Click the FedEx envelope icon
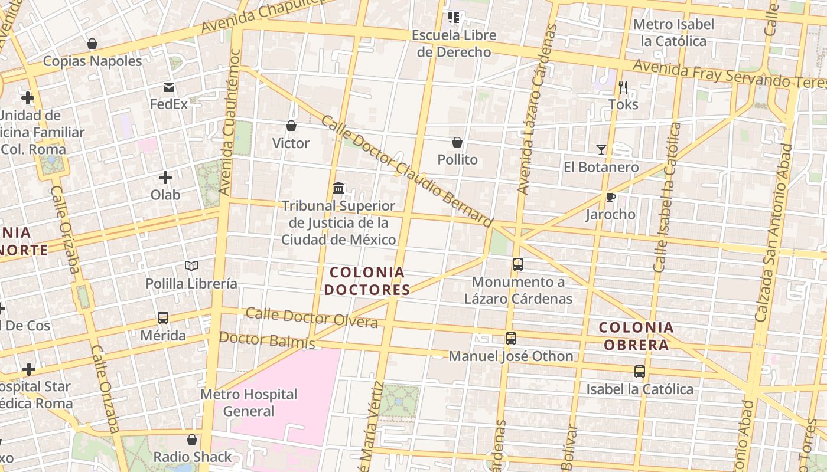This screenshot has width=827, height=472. (x=169, y=87)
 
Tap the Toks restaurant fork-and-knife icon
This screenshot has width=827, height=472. (x=623, y=87)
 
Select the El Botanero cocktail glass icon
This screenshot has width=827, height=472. (x=601, y=150)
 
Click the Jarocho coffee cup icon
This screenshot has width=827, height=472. (x=610, y=197)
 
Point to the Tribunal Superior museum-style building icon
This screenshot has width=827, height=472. (x=338, y=188)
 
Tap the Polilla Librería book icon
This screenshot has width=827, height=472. (x=191, y=266)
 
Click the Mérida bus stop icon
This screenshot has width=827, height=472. (x=163, y=318)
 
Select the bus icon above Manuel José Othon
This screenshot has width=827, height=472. (x=511, y=339)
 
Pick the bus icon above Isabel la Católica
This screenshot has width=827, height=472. (x=640, y=372)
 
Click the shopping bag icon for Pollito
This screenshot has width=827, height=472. (x=457, y=142)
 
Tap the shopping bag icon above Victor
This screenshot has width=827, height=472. (x=291, y=126)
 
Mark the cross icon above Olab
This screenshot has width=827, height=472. (x=165, y=177)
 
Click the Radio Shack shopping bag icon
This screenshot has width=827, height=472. (x=192, y=440)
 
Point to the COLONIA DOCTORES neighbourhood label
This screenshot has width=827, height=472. (x=367, y=281)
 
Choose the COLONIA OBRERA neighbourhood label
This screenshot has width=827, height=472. (x=636, y=336)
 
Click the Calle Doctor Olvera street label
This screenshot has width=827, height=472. (x=311, y=317)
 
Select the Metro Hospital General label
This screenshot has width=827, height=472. (x=249, y=402)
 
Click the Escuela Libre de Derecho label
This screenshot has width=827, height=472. (x=454, y=44)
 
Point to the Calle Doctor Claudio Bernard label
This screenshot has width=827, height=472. (x=406, y=171)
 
